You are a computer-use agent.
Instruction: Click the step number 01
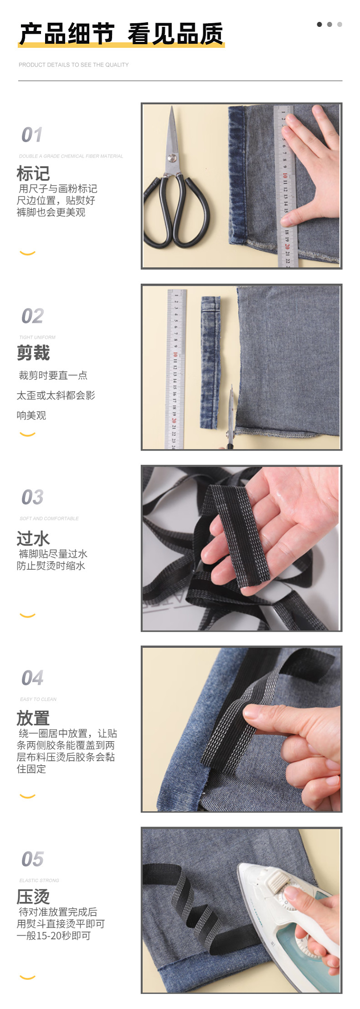[x=32, y=135]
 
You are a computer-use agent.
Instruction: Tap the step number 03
[x=32, y=497]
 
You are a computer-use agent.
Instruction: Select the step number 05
[x=32, y=859]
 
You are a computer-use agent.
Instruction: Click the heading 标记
[x=33, y=174]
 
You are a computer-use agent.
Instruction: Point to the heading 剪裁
[x=33, y=353]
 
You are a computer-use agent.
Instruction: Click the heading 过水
[x=33, y=538]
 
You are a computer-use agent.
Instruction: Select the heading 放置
[x=33, y=718]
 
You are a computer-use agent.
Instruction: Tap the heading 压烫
[x=33, y=896]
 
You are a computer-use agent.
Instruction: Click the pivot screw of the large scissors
[x=172, y=158]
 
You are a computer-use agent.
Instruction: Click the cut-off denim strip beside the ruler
[x=210, y=362]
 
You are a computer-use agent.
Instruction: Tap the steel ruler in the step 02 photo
[x=175, y=369]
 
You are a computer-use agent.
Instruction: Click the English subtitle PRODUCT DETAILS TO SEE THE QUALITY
[x=73, y=65]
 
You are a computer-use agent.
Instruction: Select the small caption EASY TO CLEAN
[x=38, y=699]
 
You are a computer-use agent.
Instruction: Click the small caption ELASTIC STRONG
[x=39, y=881]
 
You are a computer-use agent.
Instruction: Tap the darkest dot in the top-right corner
[x=319, y=24]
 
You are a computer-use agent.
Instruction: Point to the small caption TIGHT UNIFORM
[x=37, y=338]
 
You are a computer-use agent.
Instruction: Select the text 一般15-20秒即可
[x=54, y=936]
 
